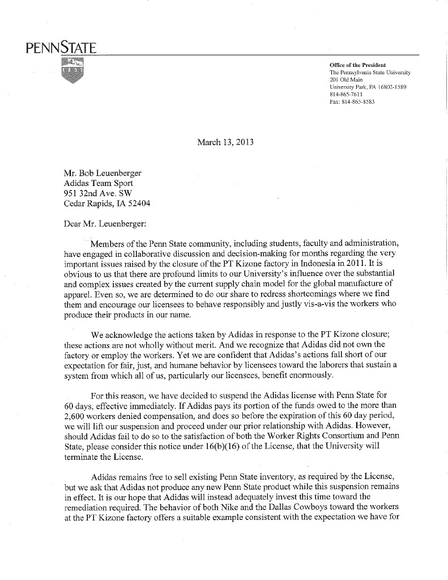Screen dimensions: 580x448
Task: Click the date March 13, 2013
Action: [x=225, y=142]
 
